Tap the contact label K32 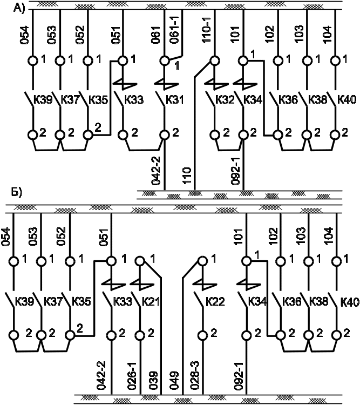(x=224, y=100)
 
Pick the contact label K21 (x=152, y=301)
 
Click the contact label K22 (x=214, y=301)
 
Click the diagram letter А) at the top (x=19, y=7)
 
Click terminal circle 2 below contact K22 (x=203, y=335)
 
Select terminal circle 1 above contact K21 (x=141, y=261)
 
